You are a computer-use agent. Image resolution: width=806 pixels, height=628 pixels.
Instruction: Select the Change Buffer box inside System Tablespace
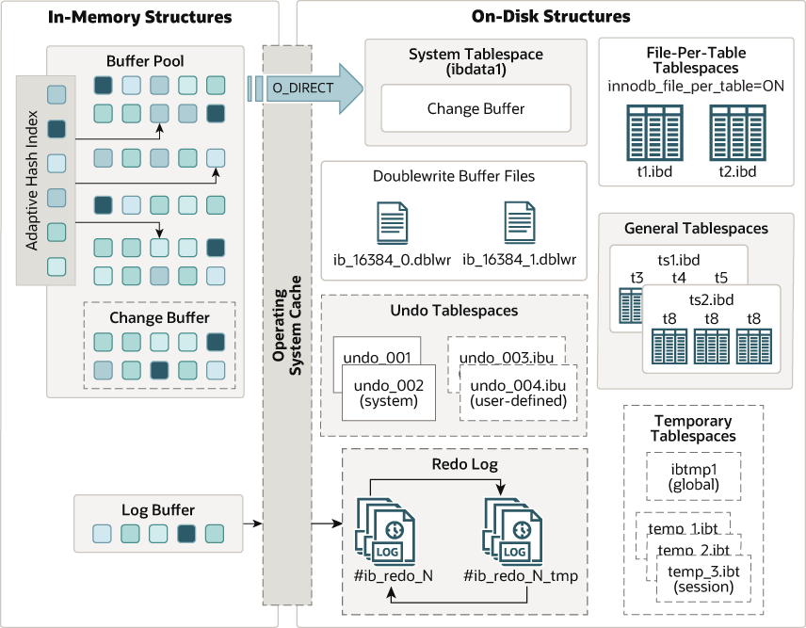(476, 108)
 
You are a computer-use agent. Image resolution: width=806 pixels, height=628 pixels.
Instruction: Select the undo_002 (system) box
(388, 393)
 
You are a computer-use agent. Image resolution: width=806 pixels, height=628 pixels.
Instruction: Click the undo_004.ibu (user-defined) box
(517, 393)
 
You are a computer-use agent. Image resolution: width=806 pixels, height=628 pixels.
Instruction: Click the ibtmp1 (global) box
(694, 475)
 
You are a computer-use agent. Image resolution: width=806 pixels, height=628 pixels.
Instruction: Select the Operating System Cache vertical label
(286, 325)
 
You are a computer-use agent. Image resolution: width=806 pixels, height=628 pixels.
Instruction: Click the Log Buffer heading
(158, 509)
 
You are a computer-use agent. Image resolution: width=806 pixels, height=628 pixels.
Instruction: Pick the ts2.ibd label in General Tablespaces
(711, 299)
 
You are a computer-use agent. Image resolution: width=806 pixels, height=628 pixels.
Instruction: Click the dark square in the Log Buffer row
(186, 534)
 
